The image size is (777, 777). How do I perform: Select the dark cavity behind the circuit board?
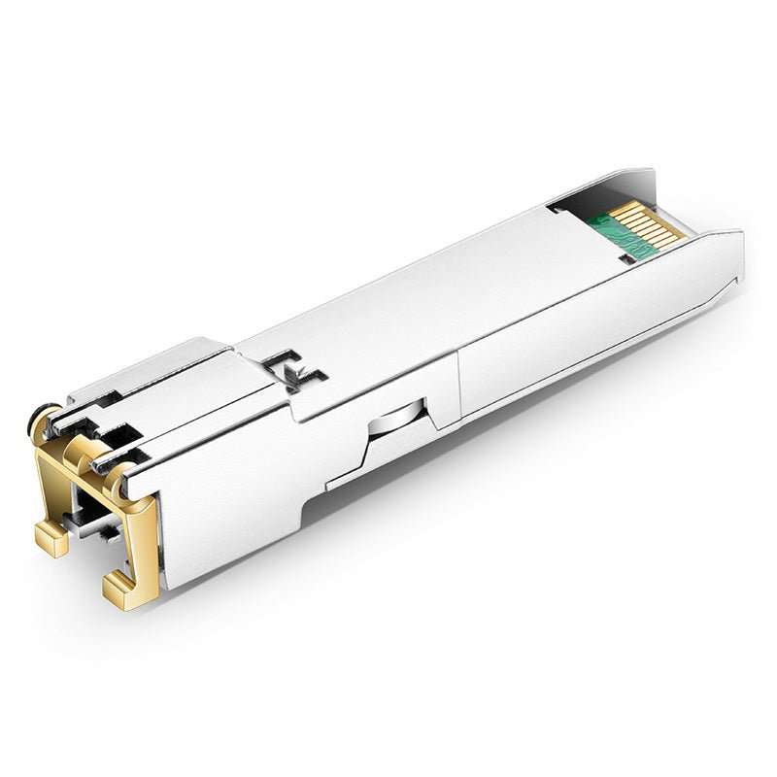pyautogui.click(x=583, y=200)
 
